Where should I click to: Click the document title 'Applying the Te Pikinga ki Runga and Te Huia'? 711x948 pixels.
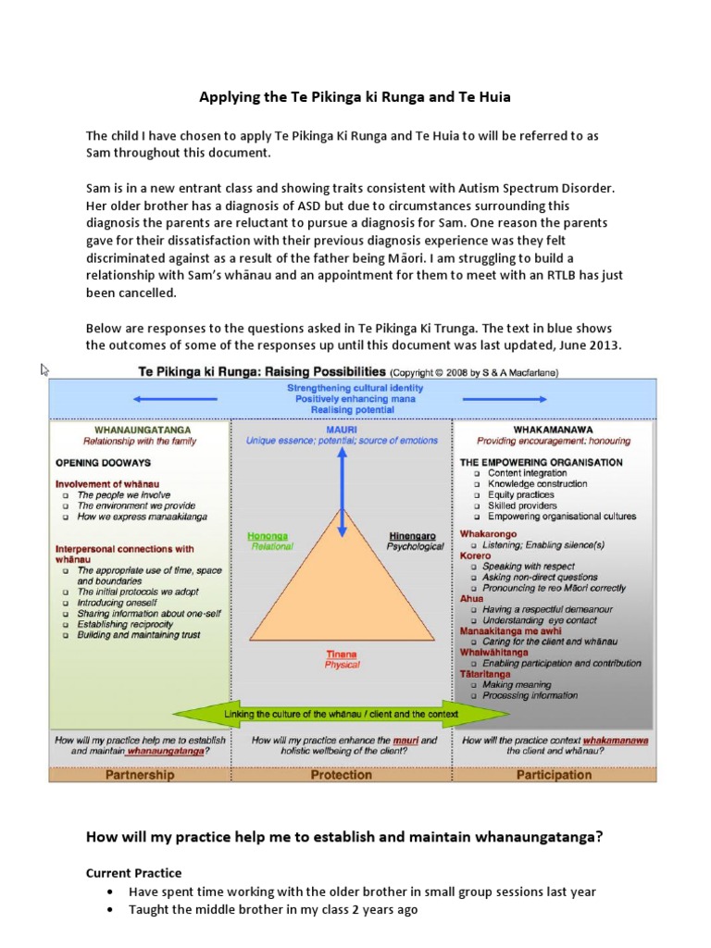coord(355,95)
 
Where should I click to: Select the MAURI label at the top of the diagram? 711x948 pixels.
coord(342,428)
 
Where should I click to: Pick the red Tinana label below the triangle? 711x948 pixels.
coord(342,654)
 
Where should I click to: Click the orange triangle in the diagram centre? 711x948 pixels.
coord(342,592)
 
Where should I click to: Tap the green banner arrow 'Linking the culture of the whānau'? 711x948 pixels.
coord(342,715)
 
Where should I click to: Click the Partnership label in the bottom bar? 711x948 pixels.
coord(139,774)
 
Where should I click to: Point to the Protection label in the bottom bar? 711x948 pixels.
coord(342,774)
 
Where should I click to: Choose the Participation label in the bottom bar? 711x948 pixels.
coord(553,774)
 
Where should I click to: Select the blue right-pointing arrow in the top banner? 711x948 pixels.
coord(508,399)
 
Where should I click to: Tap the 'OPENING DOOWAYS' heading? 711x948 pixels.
coord(102,461)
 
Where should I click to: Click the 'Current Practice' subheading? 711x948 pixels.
coord(133,873)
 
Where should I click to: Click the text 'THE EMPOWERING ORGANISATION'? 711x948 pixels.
coord(541,462)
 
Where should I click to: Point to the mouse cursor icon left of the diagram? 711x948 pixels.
coord(44,369)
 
